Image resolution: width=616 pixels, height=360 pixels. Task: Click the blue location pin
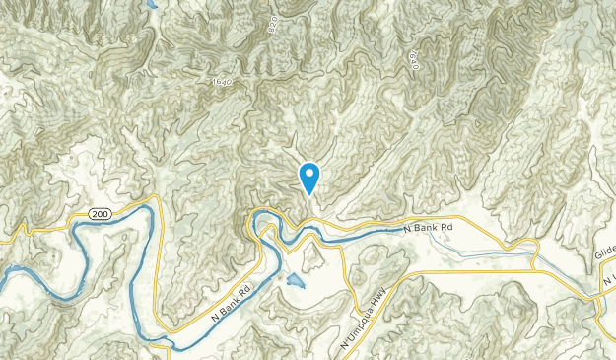pos(309,178)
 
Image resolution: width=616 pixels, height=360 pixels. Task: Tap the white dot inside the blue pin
pos(309,175)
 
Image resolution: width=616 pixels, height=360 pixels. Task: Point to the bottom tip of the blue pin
pos(309,194)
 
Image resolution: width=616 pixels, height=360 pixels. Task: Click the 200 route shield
pos(98,214)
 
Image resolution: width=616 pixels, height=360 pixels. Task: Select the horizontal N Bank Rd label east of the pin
pos(429,228)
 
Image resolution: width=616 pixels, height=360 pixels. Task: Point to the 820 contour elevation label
pos(273,28)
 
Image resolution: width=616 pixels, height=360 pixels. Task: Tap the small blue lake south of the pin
pos(295,283)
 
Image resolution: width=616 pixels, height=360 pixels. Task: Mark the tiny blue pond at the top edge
pos(151,5)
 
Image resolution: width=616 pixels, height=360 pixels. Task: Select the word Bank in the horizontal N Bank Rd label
pos(429,228)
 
